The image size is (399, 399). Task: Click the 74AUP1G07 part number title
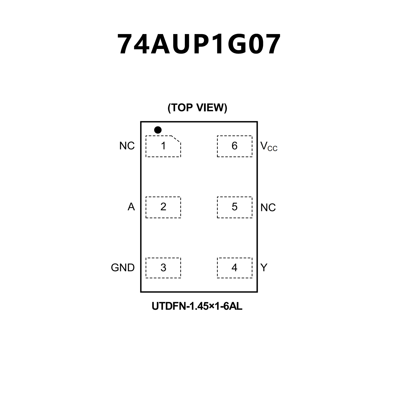(x=199, y=44)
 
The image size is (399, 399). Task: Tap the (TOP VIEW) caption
(x=197, y=107)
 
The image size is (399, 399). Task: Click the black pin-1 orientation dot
(x=158, y=130)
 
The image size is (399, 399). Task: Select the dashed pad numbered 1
(x=163, y=146)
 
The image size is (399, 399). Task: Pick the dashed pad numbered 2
(x=163, y=207)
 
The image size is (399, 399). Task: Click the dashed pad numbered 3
(x=163, y=268)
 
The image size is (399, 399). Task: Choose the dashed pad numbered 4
(x=234, y=268)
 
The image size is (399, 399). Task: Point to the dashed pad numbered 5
(x=234, y=207)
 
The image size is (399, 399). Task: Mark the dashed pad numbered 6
(x=234, y=146)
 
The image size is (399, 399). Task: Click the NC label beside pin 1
(x=127, y=146)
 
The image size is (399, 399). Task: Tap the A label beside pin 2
(x=131, y=207)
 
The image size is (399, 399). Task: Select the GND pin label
(x=123, y=268)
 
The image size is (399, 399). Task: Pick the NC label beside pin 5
(x=268, y=208)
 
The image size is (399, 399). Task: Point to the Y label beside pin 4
(x=264, y=268)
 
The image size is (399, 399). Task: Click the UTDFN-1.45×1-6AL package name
(x=197, y=306)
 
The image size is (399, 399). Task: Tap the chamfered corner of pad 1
(x=176, y=139)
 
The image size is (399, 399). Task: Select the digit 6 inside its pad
(x=234, y=146)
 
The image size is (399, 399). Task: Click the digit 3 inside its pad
(x=163, y=268)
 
